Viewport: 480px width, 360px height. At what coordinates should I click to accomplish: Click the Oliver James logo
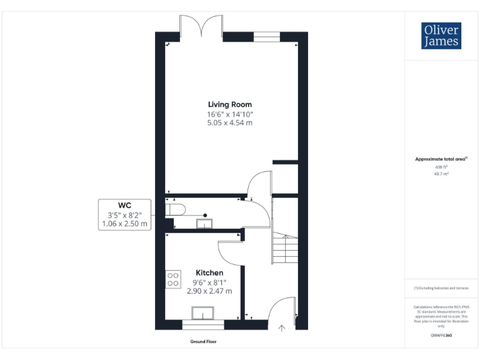click(x=441, y=36)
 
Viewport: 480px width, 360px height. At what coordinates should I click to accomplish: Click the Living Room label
click(x=230, y=104)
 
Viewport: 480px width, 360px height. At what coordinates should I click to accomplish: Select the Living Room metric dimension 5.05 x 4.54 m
click(x=230, y=123)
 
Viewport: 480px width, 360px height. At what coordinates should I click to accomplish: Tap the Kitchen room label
click(x=209, y=272)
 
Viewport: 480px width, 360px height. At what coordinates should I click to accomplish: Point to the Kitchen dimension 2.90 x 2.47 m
click(x=209, y=291)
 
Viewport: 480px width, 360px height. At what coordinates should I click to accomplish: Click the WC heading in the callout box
click(x=124, y=205)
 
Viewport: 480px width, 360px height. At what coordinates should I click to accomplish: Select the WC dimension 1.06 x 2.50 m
click(x=124, y=223)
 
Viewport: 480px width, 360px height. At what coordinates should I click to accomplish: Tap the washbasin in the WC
click(x=204, y=222)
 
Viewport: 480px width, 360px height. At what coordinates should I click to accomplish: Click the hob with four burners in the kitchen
click(x=173, y=279)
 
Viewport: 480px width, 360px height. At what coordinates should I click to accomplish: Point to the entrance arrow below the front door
click(x=281, y=326)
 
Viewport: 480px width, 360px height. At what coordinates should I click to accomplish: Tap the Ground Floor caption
click(x=203, y=342)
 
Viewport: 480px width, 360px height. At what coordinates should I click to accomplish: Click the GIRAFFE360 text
click(x=441, y=336)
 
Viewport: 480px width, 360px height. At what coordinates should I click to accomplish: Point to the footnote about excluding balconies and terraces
click(x=441, y=287)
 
